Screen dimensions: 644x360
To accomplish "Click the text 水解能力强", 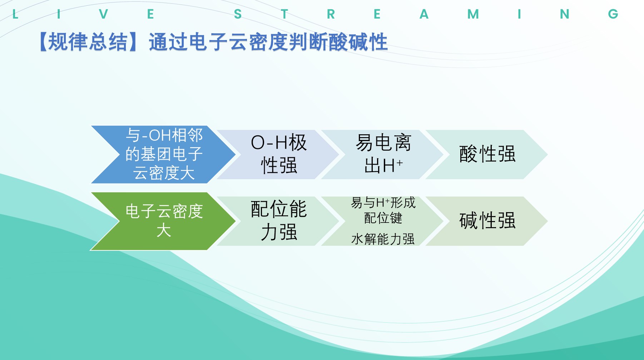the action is click(383, 239).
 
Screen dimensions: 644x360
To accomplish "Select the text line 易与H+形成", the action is click(383, 202).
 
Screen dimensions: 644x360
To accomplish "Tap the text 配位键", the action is click(383, 218).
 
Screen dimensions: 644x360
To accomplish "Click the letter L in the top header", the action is click(15, 14).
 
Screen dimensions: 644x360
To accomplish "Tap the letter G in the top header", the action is click(613, 14).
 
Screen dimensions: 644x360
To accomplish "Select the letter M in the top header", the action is click(473, 14).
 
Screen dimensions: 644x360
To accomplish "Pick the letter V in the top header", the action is click(104, 14).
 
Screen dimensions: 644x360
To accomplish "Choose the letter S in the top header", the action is click(238, 14).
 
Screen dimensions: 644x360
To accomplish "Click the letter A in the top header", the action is click(424, 14).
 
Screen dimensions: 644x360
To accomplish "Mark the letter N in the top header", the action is click(565, 14).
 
